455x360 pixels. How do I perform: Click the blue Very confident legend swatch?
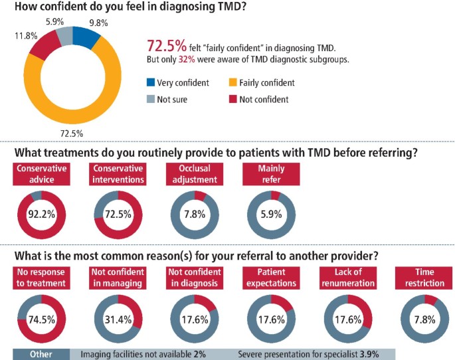point(150,83)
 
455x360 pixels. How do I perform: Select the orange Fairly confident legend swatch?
point(232,83)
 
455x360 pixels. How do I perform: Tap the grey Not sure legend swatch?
point(150,100)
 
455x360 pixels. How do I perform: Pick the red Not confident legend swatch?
point(232,100)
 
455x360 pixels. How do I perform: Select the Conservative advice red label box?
point(42,173)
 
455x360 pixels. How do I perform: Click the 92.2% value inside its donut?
point(42,215)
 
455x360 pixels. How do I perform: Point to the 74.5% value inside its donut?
point(42,318)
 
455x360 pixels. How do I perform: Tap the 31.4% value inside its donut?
point(118,318)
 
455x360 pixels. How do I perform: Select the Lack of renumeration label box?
point(345,278)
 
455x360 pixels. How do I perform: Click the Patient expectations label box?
point(270,278)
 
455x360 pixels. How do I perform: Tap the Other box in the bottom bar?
point(41,354)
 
